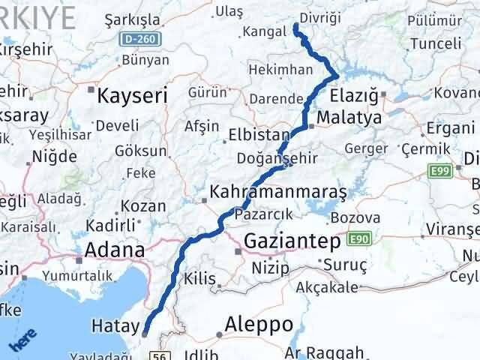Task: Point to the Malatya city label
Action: pyautogui.click(x=349, y=118)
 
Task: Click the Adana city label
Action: pyautogui.click(x=115, y=250)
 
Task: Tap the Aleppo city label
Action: pyautogui.click(x=259, y=325)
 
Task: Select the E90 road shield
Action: pyautogui.click(x=359, y=239)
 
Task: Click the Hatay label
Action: pyautogui.click(x=115, y=326)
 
